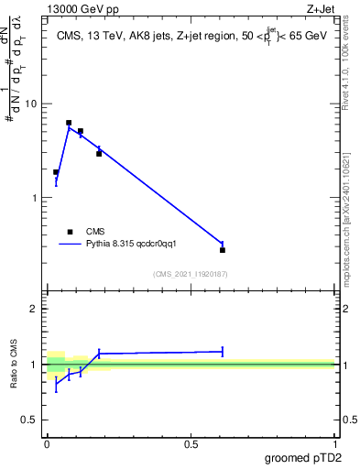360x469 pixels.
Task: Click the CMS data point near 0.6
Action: [x=223, y=250]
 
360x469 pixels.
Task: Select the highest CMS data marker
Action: [x=69, y=123]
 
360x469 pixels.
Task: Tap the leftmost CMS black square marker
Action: [x=56, y=172]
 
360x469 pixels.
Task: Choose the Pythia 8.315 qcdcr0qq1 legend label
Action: [x=137, y=244]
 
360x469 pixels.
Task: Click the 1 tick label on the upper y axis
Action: [x=36, y=198]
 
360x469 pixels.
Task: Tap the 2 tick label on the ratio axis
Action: [x=36, y=309]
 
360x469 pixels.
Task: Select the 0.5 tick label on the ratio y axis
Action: [x=31, y=420]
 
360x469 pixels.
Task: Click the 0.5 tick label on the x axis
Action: [x=191, y=443]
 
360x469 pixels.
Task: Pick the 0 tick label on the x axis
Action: [x=47, y=443]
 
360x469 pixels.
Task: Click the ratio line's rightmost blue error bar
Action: [x=223, y=351]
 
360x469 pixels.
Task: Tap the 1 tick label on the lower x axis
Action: [x=334, y=443]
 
